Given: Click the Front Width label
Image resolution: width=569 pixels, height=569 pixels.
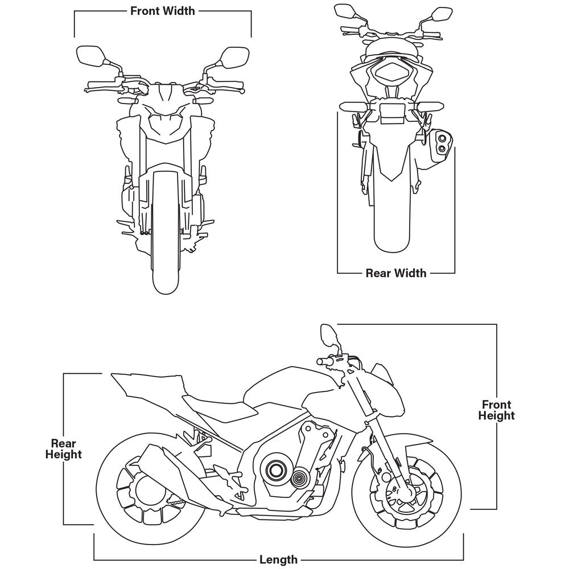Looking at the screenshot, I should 162,10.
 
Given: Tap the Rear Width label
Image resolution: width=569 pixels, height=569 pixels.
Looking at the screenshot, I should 395,273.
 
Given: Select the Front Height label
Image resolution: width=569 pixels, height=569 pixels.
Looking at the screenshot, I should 496,410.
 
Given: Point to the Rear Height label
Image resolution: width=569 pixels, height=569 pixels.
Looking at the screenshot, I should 63,448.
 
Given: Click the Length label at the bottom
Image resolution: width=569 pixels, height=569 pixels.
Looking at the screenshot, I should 278,559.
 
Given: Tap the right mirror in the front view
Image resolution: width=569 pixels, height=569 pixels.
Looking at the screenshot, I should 232,57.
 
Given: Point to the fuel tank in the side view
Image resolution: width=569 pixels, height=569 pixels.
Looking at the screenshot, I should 290,387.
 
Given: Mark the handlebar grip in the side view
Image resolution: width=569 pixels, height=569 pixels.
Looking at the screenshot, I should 324,361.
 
